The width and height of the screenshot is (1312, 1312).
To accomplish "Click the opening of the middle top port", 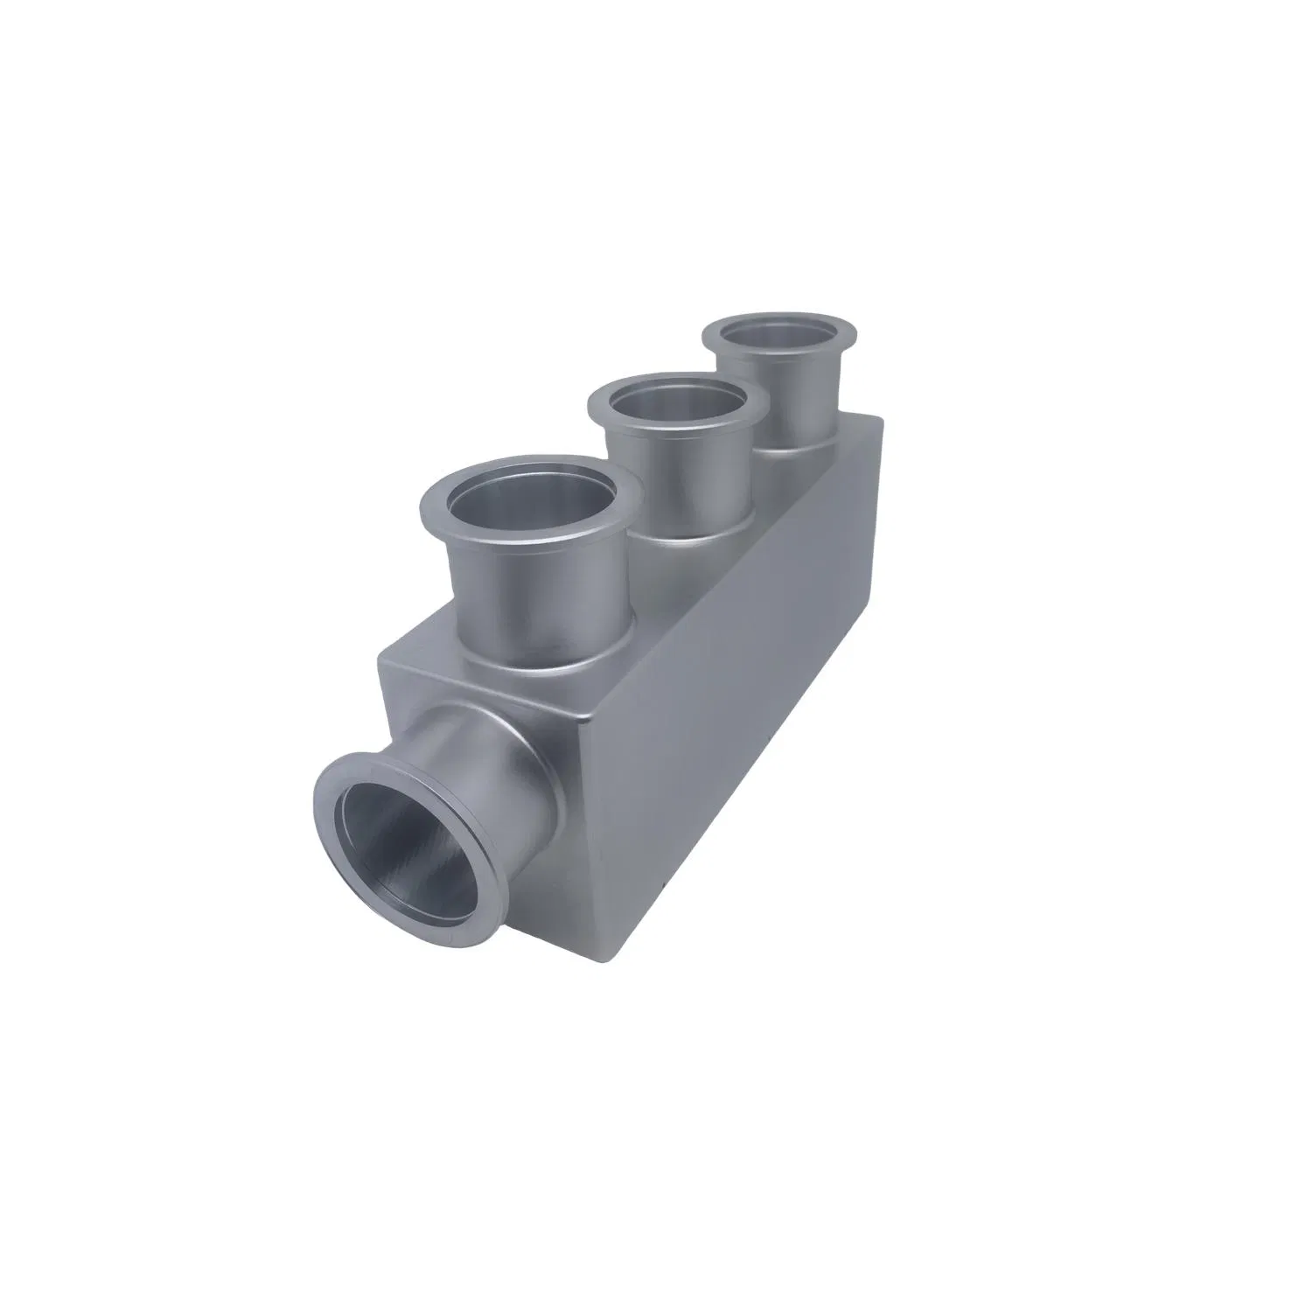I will coord(679,411).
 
